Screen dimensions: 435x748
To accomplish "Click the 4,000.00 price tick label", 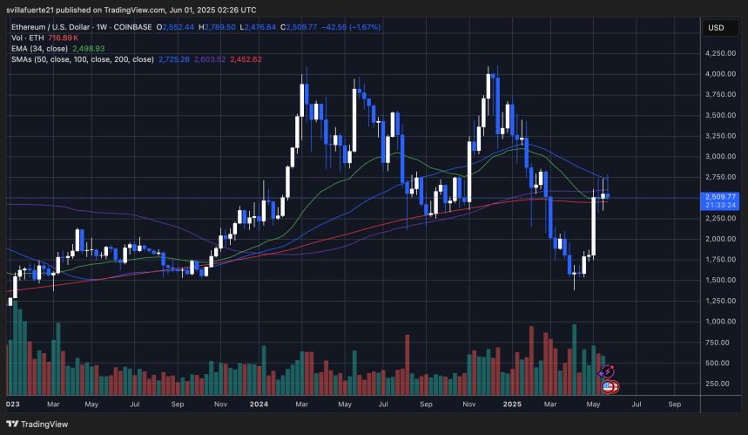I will click(722, 74).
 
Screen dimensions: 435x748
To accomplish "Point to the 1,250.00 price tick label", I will click(722, 301).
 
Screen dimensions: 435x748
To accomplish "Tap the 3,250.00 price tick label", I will click(722, 136).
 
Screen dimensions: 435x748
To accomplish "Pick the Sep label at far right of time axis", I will click(675, 405).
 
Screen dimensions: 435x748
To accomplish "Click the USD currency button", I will click(717, 28).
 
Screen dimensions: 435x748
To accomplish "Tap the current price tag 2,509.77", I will click(723, 196).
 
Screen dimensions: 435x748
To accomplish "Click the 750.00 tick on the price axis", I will click(722, 342).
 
